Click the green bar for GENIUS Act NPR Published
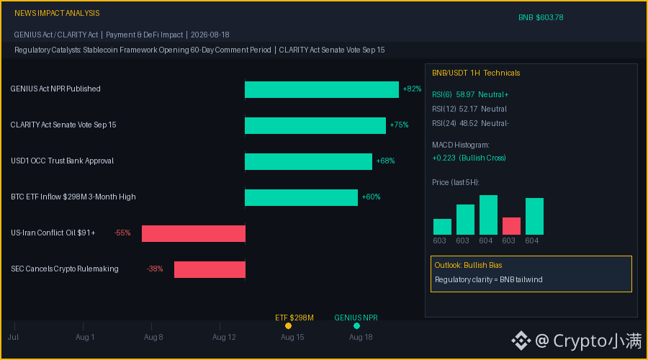tap(322, 90)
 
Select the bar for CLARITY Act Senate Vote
tap(315, 126)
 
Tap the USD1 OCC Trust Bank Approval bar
tap(308, 161)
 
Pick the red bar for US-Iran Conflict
tap(194, 233)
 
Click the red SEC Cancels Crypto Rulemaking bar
tap(210, 269)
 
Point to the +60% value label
tap(371, 197)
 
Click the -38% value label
tap(155, 269)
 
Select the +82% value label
tap(412, 89)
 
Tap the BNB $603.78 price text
tap(541, 17)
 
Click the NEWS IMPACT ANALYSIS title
tap(57, 13)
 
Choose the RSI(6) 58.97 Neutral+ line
tap(470, 94)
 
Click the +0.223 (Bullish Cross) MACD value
tap(469, 158)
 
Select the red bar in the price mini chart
tap(511, 226)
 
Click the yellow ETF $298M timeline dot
tap(289, 325)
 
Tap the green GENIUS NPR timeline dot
tap(356, 325)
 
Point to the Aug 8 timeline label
tap(153, 337)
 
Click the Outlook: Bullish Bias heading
tap(468, 266)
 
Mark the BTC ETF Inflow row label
tap(73, 197)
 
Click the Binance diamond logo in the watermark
tap(521, 341)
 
